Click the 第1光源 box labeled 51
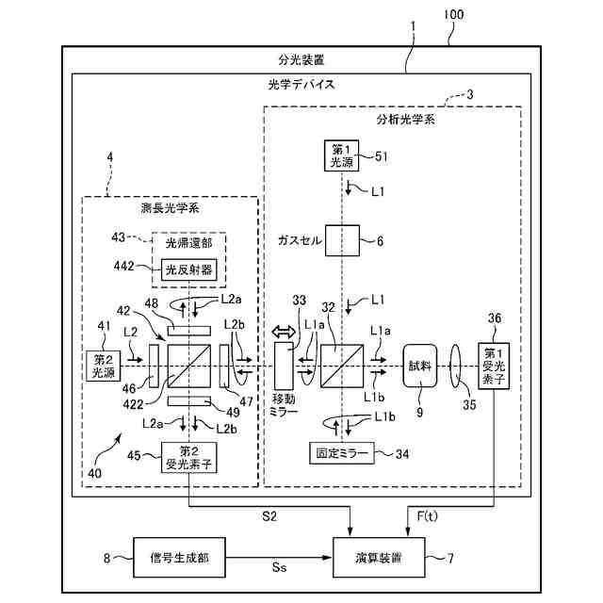click(x=341, y=155)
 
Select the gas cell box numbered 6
click(x=342, y=241)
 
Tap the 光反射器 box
click(x=188, y=269)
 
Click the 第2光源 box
click(x=103, y=366)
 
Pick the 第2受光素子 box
click(x=188, y=458)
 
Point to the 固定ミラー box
click(x=342, y=453)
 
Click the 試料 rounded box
click(x=420, y=366)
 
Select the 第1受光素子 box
click(x=494, y=367)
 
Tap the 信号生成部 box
click(x=179, y=558)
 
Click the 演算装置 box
click(x=379, y=558)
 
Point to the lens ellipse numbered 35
click(x=455, y=367)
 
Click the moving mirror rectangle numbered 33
click(x=284, y=366)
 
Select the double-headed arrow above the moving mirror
click(x=284, y=332)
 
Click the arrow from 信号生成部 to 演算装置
click(x=279, y=558)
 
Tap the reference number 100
click(x=454, y=15)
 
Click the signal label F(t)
click(x=427, y=516)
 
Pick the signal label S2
click(x=269, y=516)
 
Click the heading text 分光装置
click(x=301, y=60)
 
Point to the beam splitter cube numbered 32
click(x=342, y=366)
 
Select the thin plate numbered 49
click(x=189, y=401)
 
